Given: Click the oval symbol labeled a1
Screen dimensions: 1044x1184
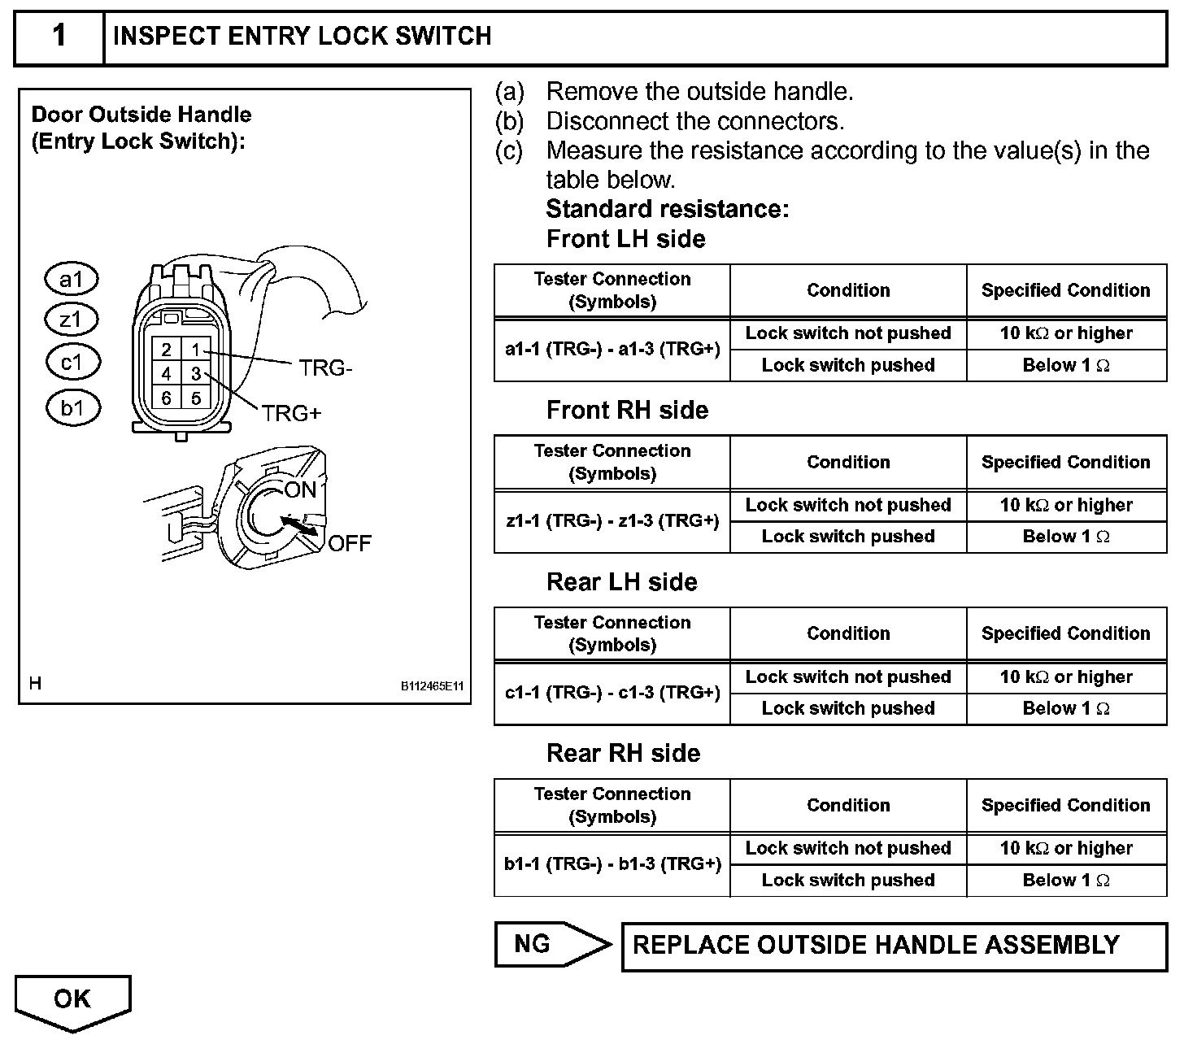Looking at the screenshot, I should [71, 280].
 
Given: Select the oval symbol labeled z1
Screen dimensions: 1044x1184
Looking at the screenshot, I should [71, 320].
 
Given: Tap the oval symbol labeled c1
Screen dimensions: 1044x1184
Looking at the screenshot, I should [72, 362].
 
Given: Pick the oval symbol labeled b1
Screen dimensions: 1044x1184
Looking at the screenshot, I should [72, 407].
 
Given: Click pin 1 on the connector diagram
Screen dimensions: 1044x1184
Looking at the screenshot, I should [195, 350].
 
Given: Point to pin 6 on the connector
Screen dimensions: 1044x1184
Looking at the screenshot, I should [166, 398].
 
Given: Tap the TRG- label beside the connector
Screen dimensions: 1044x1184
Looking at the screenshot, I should [325, 368].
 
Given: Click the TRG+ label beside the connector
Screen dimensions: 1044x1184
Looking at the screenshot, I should [292, 414].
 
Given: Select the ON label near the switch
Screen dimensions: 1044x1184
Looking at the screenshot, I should [300, 489].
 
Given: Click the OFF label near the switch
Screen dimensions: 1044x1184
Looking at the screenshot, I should [350, 543].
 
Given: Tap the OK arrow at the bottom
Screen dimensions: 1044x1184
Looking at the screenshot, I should [72, 1001].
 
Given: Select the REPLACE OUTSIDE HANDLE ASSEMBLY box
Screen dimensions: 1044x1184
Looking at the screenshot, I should [893, 946].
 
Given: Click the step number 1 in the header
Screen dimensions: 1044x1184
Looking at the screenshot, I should [59, 37].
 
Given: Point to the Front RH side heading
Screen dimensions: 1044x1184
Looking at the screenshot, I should [627, 410].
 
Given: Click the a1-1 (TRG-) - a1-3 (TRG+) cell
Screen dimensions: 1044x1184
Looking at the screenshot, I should [612, 349].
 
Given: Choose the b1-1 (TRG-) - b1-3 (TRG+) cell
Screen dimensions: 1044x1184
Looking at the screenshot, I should [612, 863].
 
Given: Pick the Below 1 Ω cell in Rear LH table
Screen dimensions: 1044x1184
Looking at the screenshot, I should [1065, 708].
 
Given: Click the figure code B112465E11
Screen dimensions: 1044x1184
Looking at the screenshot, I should [431, 686].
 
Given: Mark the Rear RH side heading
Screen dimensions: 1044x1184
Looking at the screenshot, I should [623, 753].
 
